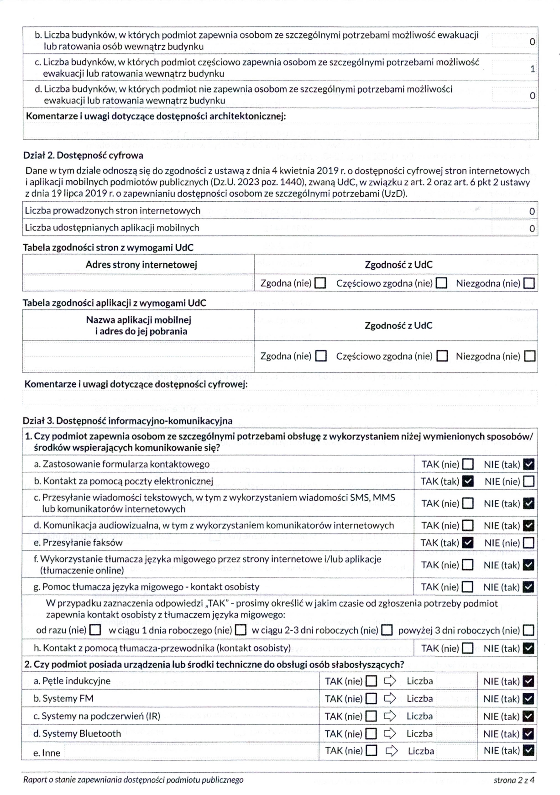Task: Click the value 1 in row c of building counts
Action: pyautogui.click(x=532, y=69)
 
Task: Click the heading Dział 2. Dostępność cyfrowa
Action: pyautogui.click(x=83, y=155)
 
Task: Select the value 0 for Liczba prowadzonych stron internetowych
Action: pyautogui.click(x=532, y=211)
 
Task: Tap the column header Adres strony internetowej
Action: pyautogui.click(x=141, y=265)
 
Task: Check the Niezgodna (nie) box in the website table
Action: pyautogui.click(x=529, y=283)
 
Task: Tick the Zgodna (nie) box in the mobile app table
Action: pyautogui.click(x=321, y=356)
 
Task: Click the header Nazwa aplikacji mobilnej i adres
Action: pyautogui.click(x=139, y=325)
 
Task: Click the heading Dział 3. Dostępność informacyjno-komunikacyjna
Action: pyautogui.click(x=128, y=421)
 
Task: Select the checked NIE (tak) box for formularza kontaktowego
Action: pyautogui.click(x=529, y=465)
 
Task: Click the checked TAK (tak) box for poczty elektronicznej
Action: pyautogui.click(x=468, y=481)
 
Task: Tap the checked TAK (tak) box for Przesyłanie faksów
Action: pyautogui.click(x=468, y=543)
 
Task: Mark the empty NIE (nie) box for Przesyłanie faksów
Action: pyautogui.click(x=529, y=543)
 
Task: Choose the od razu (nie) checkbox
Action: pyautogui.click(x=95, y=630)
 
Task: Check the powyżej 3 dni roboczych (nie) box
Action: pyautogui.click(x=529, y=630)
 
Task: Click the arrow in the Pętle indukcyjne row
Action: pyautogui.click(x=390, y=681)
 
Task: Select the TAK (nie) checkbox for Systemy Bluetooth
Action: pyautogui.click(x=372, y=734)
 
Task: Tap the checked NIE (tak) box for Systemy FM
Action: pyautogui.click(x=529, y=699)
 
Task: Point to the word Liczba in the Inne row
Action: pyautogui.click(x=421, y=751)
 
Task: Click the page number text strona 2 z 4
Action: pyautogui.click(x=514, y=780)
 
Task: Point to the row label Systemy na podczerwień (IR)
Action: pyautogui.click(x=97, y=716)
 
